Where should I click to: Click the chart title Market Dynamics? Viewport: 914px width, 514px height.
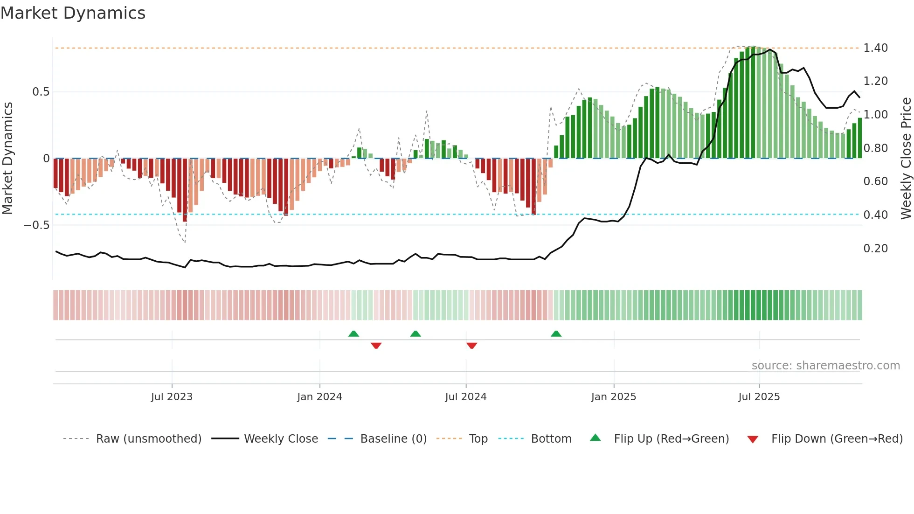[x=73, y=13]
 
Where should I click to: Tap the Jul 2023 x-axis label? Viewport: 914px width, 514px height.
[x=172, y=397]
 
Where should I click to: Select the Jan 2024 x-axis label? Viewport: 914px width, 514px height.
[x=319, y=397]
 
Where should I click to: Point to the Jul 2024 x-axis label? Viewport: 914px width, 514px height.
[x=465, y=397]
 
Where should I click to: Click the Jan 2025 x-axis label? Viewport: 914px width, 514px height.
[x=613, y=397]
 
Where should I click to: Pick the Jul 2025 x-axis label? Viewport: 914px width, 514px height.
[x=759, y=397]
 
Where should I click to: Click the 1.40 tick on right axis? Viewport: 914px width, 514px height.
[x=875, y=48]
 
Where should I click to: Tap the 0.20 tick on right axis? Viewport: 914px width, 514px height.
[x=875, y=249]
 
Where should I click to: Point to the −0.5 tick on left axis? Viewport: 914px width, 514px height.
[x=36, y=225]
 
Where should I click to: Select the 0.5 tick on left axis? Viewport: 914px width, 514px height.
[x=41, y=92]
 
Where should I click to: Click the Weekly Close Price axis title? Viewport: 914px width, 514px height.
[x=906, y=158]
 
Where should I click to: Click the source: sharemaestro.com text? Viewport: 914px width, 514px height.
[x=825, y=366]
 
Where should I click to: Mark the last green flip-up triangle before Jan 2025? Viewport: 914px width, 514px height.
[x=556, y=334]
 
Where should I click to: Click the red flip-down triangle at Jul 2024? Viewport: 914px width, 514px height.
[x=471, y=346]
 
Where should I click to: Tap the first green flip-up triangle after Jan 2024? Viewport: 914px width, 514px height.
[x=353, y=334]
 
